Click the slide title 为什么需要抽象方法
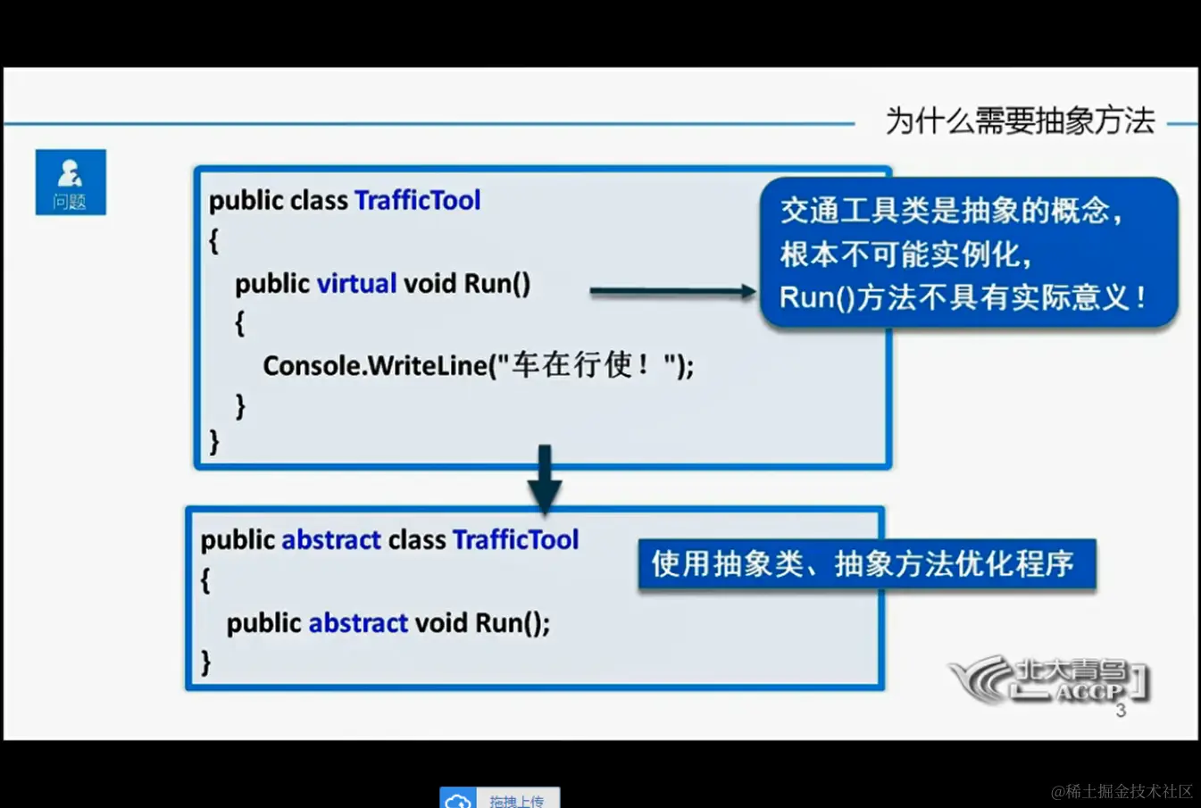pos(1020,121)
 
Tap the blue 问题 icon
pos(71,182)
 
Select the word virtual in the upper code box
pos(356,283)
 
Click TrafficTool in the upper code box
pos(417,200)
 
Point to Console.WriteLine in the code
pos(375,365)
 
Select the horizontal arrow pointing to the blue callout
pos(672,291)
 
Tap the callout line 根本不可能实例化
pos(905,254)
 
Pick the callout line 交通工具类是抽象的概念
pos(950,211)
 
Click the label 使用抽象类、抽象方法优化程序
pos(864,563)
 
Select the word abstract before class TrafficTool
pos(331,539)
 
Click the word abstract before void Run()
pos(358,622)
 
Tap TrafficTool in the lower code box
pos(515,539)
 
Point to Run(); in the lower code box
pos(512,622)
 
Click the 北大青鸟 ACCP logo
pos(1049,681)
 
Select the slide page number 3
pos(1121,712)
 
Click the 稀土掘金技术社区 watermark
pos(1122,791)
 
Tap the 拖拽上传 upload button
pos(500,799)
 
